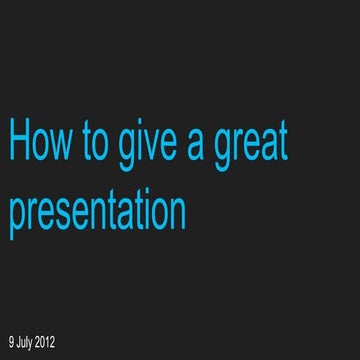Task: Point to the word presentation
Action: click(x=98, y=212)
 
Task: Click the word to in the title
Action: click(x=96, y=142)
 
